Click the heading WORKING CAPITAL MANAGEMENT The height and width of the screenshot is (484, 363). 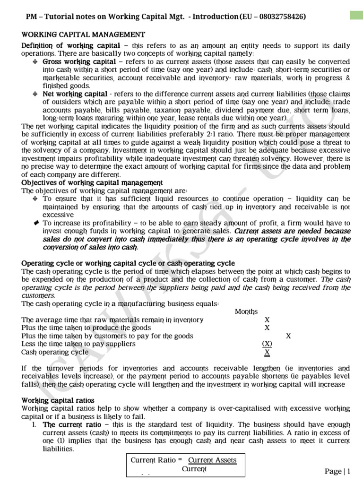pos(84,35)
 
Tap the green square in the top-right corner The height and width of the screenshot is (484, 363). pos(356,16)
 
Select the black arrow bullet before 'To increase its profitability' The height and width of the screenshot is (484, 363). pos(35,223)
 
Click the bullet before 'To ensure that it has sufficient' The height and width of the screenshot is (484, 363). pos(35,199)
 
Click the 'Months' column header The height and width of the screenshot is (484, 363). pos(246,311)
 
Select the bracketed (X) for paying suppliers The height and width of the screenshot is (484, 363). pos(267,344)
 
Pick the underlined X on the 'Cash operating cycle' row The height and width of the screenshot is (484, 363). pos(267,352)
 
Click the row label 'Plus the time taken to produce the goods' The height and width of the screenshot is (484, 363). pos(86,328)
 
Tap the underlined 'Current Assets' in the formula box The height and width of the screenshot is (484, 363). pos(212,460)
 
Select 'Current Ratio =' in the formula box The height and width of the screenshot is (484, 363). pos(156,460)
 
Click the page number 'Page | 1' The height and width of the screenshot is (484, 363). pos(337,471)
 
